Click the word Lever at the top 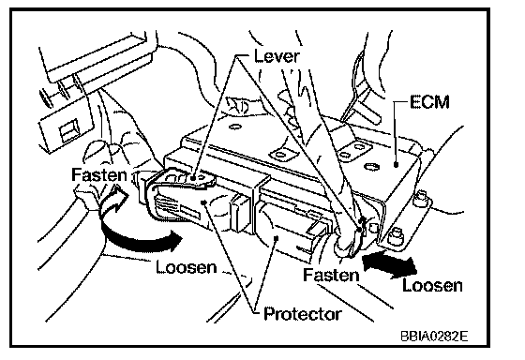pos(277,55)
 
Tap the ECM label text pos(429,102)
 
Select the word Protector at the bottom pos(303,314)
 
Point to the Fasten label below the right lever pos(331,275)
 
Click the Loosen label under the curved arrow pos(187,267)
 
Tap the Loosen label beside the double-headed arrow pos(432,285)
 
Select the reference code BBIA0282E pos(434,336)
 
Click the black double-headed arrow pos(390,265)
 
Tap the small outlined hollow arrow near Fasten pos(113,200)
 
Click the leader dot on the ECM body pos(396,164)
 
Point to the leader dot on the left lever pos(193,178)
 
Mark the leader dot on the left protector pos(203,202)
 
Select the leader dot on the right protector pos(277,238)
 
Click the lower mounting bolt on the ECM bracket pos(395,237)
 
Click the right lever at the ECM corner pos(351,234)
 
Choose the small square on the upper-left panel pos(68,130)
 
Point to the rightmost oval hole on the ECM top pos(371,167)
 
